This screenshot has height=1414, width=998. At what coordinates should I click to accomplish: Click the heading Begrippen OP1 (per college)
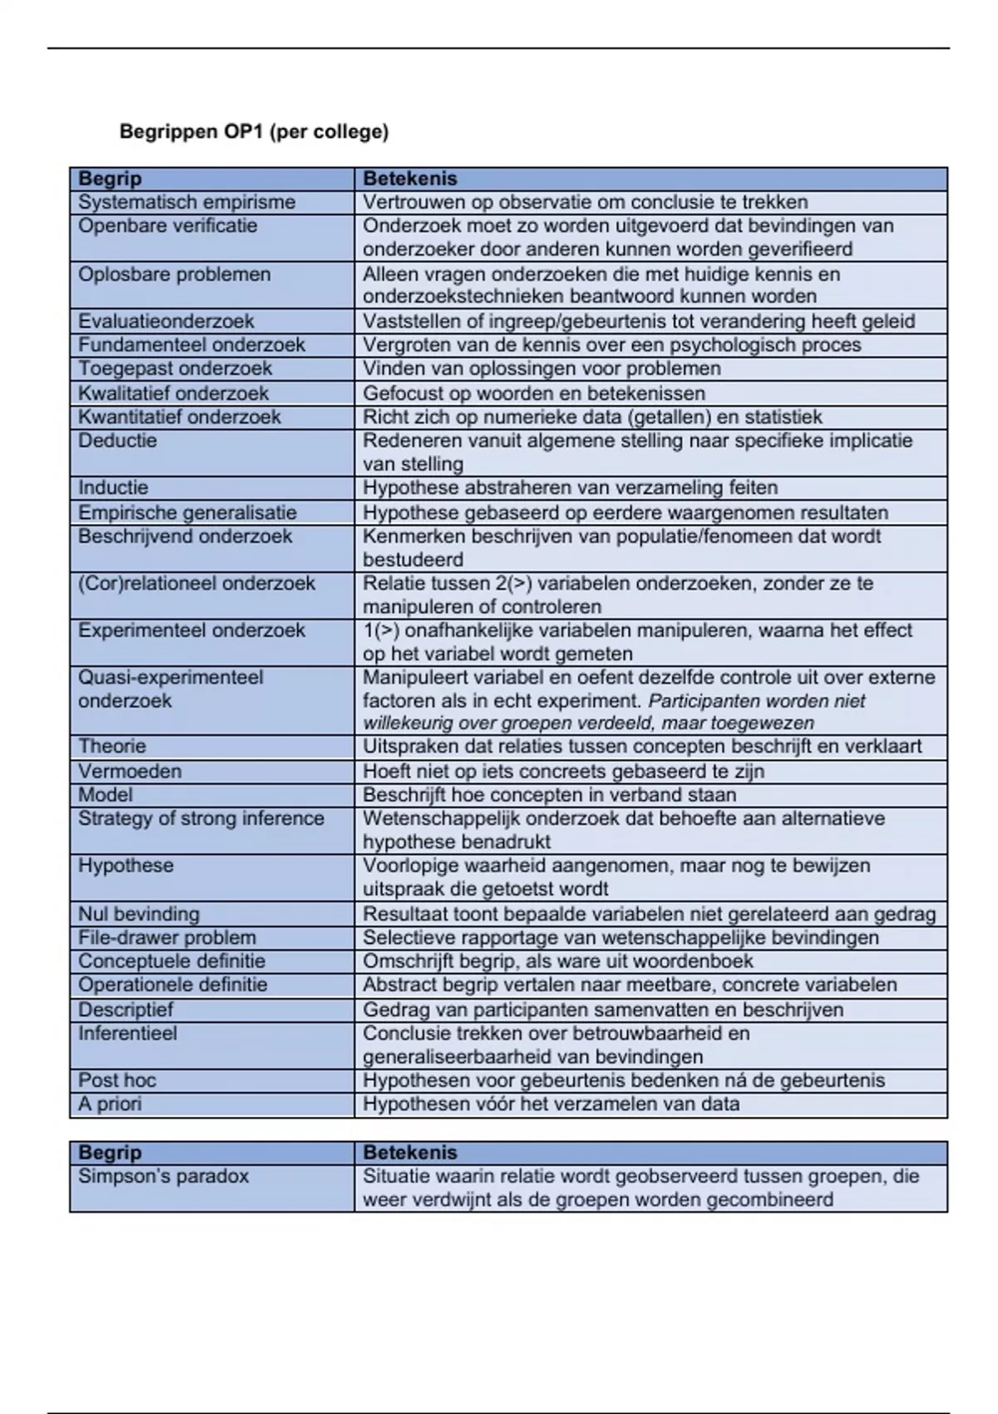pyautogui.click(x=254, y=131)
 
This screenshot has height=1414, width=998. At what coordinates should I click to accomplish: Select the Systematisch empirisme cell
pyautogui.click(x=186, y=202)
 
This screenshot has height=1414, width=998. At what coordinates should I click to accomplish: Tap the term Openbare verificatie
pyautogui.click(x=167, y=226)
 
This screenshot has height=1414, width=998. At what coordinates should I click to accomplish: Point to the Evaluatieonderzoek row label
pyautogui.click(x=166, y=321)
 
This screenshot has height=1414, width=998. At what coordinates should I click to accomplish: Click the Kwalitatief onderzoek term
pyautogui.click(x=173, y=393)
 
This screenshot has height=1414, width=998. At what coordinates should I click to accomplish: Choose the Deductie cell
pyautogui.click(x=117, y=441)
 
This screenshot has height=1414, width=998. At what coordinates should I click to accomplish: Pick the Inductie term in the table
pyautogui.click(x=113, y=487)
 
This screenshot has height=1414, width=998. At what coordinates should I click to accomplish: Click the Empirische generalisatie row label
pyautogui.click(x=187, y=512)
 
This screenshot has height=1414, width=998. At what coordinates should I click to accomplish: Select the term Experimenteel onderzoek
pyautogui.click(x=191, y=630)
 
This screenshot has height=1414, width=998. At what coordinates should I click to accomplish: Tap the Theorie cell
pyautogui.click(x=111, y=746)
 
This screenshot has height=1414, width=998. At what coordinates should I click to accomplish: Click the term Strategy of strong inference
pyautogui.click(x=201, y=818)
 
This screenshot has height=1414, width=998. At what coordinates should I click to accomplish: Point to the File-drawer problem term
pyautogui.click(x=167, y=937)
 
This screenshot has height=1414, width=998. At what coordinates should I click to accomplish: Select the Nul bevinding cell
pyautogui.click(x=139, y=914)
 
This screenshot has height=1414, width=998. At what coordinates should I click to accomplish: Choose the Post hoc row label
pyautogui.click(x=117, y=1080)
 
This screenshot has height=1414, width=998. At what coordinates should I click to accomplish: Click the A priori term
pyautogui.click(x=110, y=1104)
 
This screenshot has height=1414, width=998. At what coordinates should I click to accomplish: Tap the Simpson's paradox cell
pyautogui.click(x=163, y=1176)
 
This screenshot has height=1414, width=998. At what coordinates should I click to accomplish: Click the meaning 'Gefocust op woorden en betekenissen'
pyautogui.click(x=534, y=393)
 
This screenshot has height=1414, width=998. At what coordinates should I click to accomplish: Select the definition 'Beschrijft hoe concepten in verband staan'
pyautogui.click(x=549, y=794)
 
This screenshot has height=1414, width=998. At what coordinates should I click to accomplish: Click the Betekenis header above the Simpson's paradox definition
pyautogui.click(x=410, y=1153)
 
